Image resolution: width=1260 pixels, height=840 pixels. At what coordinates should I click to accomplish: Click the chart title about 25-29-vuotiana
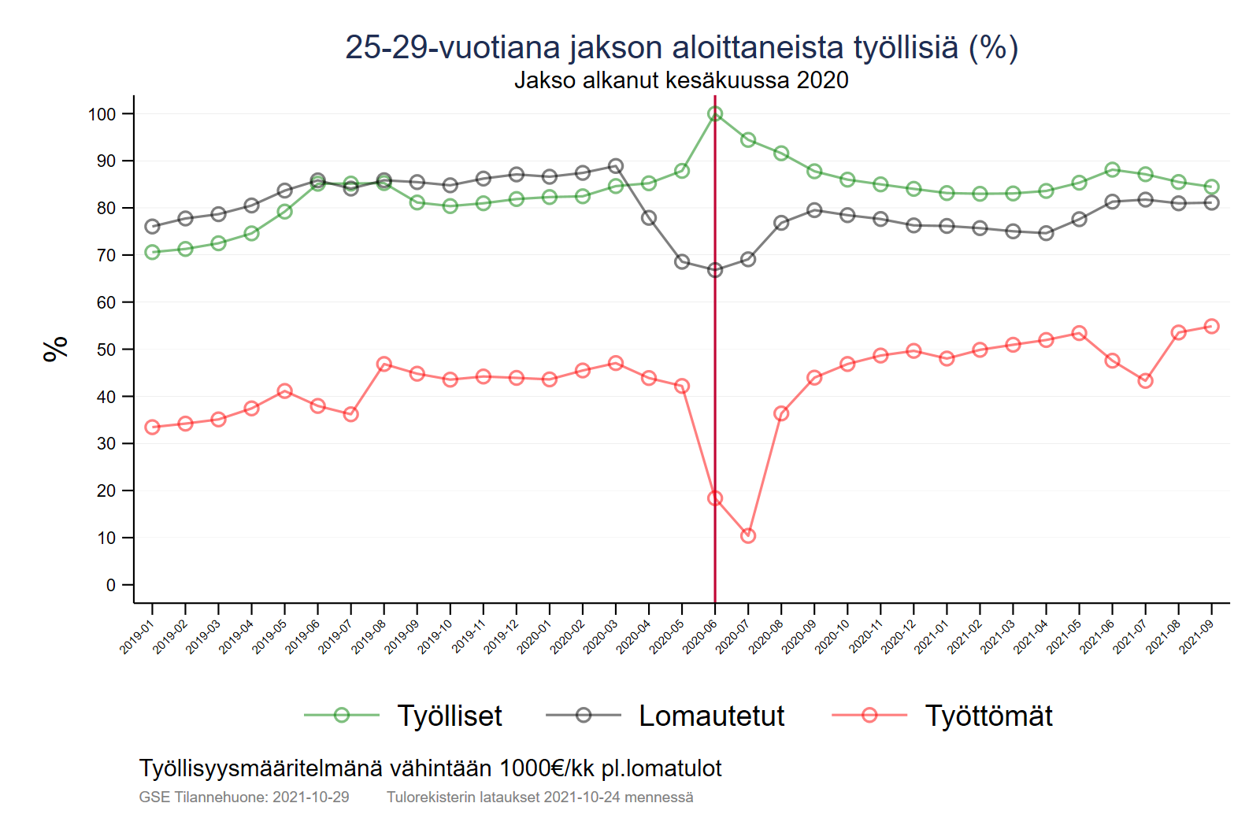click(x=681, y=47)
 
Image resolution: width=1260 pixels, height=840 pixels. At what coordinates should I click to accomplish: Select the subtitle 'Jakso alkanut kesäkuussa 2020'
click(x=681, y=80)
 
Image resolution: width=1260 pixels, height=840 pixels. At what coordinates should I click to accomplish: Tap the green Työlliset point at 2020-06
click(x=715, y=114)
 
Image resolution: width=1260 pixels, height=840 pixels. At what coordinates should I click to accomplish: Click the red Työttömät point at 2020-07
click(x=748, y=536)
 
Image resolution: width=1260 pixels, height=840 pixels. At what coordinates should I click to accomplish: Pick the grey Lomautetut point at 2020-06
click(x=715, y=270)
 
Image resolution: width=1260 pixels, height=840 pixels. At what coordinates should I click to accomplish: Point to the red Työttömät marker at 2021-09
click(x=1211, y=327)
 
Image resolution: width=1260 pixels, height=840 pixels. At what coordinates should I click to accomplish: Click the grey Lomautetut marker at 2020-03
click(x=616, y=166)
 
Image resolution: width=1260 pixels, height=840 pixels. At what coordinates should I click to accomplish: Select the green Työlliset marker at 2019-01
click(x=153, y=252)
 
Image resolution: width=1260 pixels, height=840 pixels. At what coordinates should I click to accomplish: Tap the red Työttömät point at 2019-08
click(x=384, y=364)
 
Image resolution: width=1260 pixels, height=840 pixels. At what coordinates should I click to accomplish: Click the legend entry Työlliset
click(x=449, y=716)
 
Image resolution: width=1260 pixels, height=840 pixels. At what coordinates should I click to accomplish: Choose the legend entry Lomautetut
click(x=711, y=716)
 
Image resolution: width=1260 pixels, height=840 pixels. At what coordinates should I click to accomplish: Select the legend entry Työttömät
click(x=988, y=716)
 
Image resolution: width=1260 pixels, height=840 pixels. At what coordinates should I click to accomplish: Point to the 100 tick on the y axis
click(x=102, y=114)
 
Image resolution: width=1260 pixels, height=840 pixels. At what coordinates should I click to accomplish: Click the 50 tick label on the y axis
click(x=106, y=350)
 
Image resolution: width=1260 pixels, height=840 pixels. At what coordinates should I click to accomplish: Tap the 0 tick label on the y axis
click(x=111, y=585)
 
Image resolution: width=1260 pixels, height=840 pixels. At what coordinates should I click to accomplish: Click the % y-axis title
click(x=55, y=349)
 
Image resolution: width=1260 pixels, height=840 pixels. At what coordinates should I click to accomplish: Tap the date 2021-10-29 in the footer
click(x=310, y=797)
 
